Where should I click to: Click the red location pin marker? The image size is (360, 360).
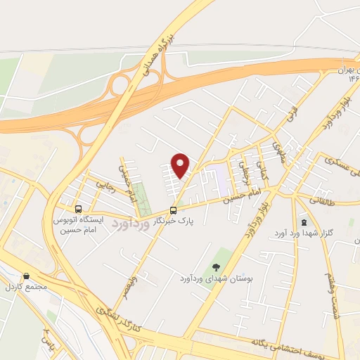click(181, 166)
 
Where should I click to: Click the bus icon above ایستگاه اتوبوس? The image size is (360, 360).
click(78, 209)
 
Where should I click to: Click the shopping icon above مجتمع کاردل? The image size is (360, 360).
click(26, 276)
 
